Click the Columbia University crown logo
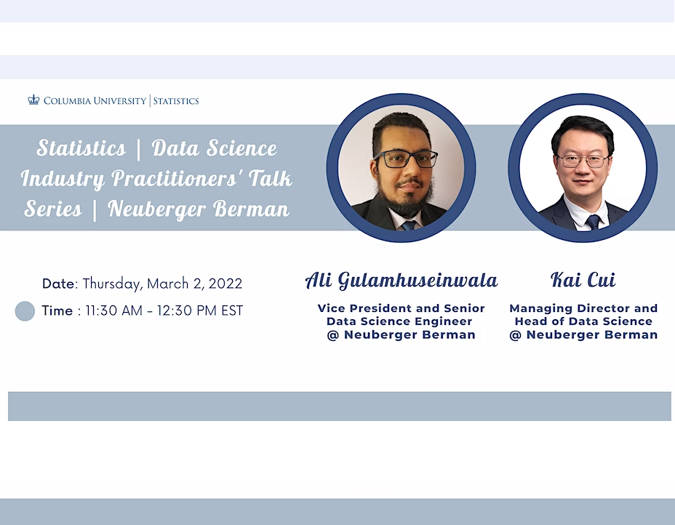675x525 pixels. coord(33,100)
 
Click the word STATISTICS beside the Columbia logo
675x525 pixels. coord(176,101)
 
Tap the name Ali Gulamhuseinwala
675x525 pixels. coord(402,280)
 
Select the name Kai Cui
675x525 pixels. coord(583,280)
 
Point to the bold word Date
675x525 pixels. coord(59,284)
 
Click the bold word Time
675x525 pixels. coord(57,310)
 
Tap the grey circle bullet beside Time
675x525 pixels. coord(25,311)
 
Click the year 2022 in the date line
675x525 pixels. coord(225,284)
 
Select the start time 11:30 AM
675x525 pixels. coord(114,310)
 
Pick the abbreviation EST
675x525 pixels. coord(233,310)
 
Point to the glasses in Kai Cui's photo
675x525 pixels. coord(583,161)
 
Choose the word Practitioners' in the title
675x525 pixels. coord(175,179)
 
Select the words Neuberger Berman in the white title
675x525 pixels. coord(199,209)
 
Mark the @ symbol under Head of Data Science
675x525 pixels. coord(515,335)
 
